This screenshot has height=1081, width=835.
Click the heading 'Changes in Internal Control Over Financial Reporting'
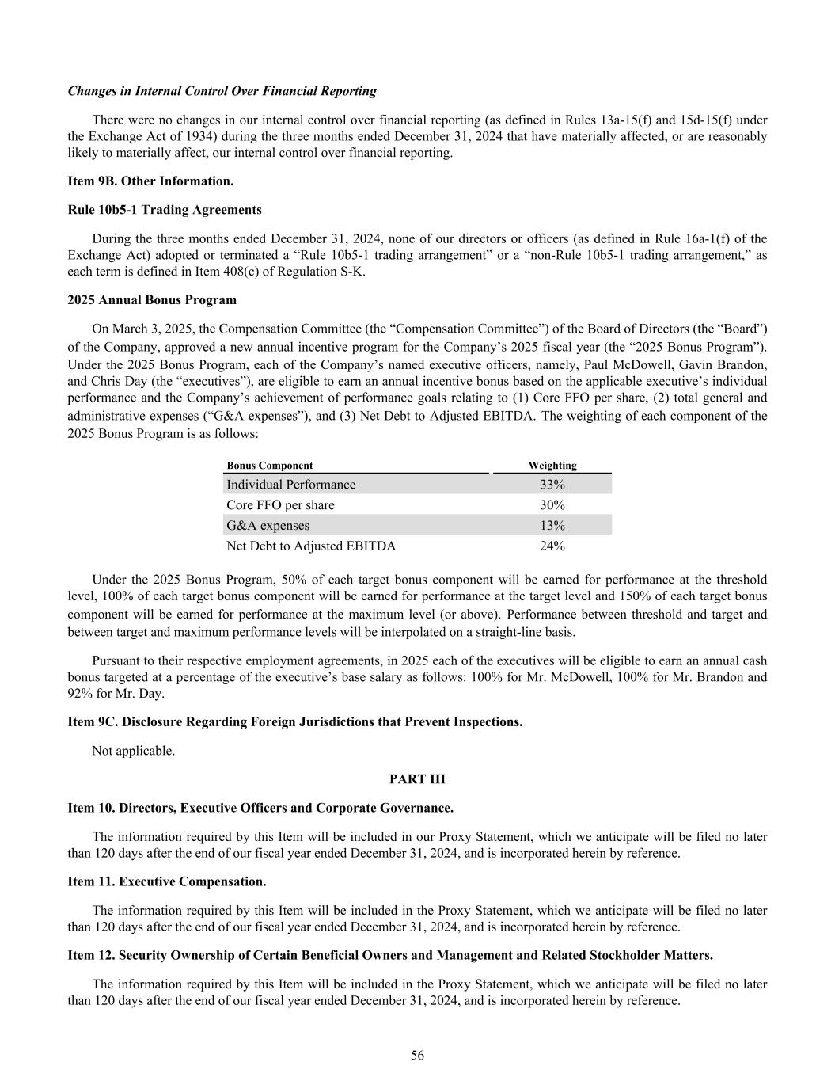tap(222, 91)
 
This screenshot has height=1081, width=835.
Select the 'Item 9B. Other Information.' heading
tap(150, 181)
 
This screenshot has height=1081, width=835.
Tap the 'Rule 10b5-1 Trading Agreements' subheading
tap(165, 210)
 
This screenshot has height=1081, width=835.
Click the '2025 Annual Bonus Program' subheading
tap(152, 300)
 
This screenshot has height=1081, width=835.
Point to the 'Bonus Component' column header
tap(269, 466)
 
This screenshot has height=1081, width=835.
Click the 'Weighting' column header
tap(552, 466)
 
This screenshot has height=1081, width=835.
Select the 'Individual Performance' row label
tap(290, 485)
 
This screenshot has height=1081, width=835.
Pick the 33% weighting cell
tap(552, 485)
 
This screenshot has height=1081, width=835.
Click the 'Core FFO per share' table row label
tap(280, 505)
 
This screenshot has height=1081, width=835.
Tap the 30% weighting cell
tap(552, 505)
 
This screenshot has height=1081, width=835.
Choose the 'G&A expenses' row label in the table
tap(268, 526)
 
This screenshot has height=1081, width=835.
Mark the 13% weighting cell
tap(552, 526)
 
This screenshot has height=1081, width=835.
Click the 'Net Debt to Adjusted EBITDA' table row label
tap(311, 546)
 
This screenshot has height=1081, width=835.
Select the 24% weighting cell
tap(552, 546)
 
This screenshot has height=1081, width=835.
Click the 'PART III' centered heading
tap(417, 779)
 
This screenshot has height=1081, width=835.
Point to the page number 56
tap(417, 1055)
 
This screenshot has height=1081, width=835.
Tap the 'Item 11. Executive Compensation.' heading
tap(167, 881)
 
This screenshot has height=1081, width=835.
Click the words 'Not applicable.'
tap(134, 751)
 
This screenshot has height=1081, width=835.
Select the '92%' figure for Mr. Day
tap(80, 694)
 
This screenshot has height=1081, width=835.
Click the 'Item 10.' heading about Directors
tap(260, 809)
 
